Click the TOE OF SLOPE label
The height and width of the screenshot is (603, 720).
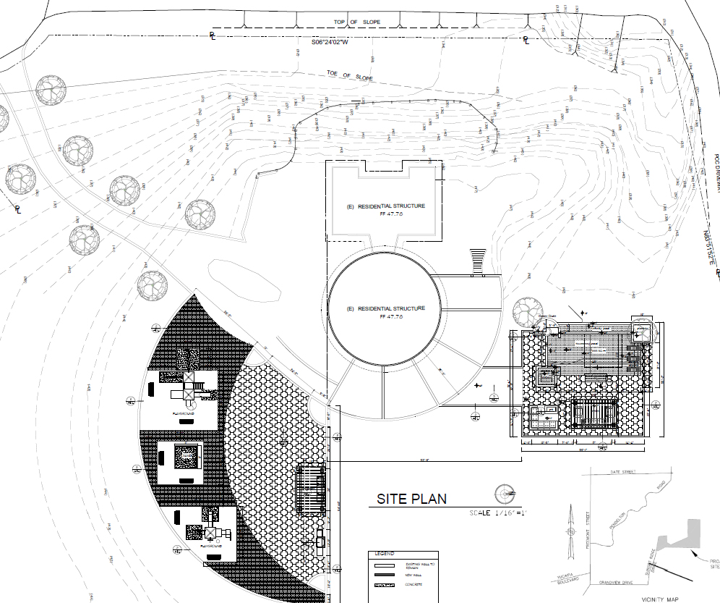click(x=349, y=75)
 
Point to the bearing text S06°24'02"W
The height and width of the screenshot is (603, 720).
click(x=330, y=42)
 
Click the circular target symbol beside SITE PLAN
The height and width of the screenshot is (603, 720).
click(x=504, y=494)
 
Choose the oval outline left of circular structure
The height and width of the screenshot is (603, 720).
click(x=245, y=279)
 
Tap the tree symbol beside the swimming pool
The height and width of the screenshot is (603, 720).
click(x=526, y=313)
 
